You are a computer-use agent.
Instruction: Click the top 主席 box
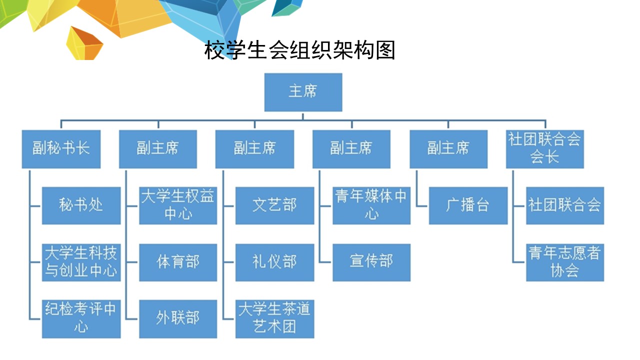tap(303, 92)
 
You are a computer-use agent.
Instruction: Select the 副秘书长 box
tap(61, 149)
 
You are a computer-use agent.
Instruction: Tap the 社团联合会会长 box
tap(545, 149)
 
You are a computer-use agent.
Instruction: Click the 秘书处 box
tap(81, 205)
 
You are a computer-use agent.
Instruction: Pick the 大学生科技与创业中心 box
tap(81, 262)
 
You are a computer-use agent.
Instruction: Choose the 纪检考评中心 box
tap(81, 319)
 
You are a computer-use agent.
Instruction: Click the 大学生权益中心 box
tap(178, 205)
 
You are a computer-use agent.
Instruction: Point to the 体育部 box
tap(178, 262)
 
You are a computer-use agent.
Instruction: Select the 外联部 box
tap(178, 319)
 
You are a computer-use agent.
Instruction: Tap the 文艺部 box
tap(275, 205)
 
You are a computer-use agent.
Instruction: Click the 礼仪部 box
tap(275, 262)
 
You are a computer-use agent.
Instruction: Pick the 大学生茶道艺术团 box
tap(275, 319)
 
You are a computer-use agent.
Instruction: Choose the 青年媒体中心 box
tap(371, 205)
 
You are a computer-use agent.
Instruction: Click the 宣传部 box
tap(371, 262)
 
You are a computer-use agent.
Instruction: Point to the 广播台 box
tap(468, 205)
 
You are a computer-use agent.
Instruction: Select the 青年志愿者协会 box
tap(565, 262)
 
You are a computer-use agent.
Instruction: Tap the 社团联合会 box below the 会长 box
tap(565, 205)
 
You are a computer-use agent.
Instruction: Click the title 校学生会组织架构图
tap(299, 50)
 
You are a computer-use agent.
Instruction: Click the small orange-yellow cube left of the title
tap(84, 43)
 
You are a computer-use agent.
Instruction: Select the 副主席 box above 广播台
tap(448, 149)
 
